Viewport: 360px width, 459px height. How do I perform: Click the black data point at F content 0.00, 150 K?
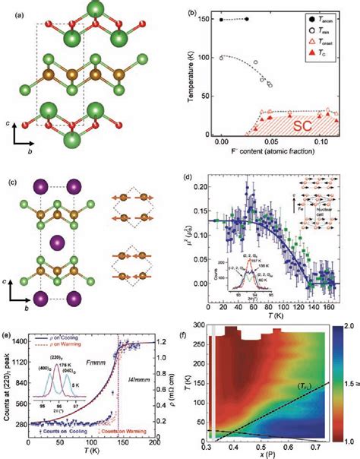click(x=221, y=20)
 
